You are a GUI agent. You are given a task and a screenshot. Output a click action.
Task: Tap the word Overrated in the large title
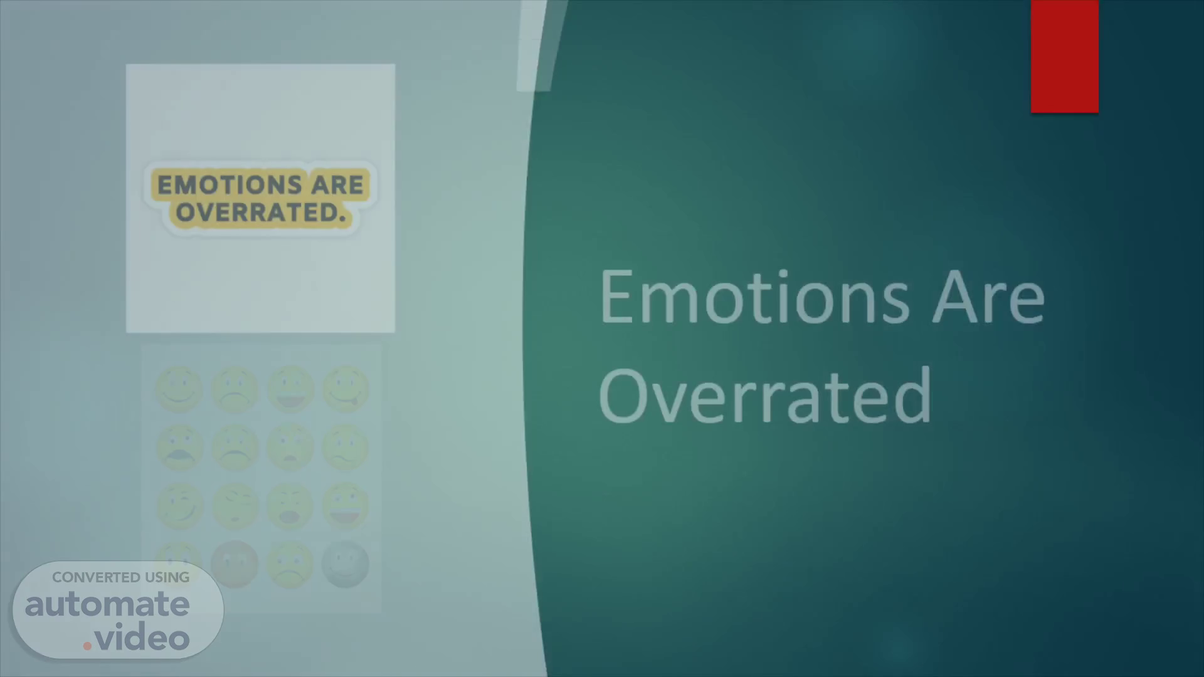pyautogui.click(x=765, y=395)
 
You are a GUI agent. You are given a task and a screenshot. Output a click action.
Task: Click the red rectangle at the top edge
pyautogui.click(x=1064, y=56)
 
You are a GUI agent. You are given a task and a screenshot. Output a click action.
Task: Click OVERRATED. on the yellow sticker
pyautogui.click(x=260, y=213)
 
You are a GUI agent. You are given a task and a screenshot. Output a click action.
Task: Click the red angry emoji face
pyautogui.click(x=235, y=564)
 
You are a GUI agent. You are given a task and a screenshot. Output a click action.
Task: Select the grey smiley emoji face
pyautogui.click(x=346, y=564)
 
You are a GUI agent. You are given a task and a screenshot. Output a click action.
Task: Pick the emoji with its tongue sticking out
pyautogui.click(x=346, y=389)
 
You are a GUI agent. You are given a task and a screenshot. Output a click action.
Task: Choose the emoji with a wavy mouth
pyautogui.click(x=346, y=448)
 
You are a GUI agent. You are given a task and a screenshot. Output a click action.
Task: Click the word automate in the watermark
pyautogui.click(x=107, y=604)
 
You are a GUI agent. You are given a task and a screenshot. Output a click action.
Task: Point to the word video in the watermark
pyautogui.click(x=142, y=638)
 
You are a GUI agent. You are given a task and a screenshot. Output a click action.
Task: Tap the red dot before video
pyautogui.click(x=88, y=646)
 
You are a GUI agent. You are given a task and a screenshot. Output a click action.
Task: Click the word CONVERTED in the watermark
pyautogui.click(x=96, y=577)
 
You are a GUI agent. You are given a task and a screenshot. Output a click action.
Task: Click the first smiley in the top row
pyautogui.click(x=179, y=389)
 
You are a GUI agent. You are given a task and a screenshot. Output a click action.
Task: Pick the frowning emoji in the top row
pyautogui.click(x=235, y=389)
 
